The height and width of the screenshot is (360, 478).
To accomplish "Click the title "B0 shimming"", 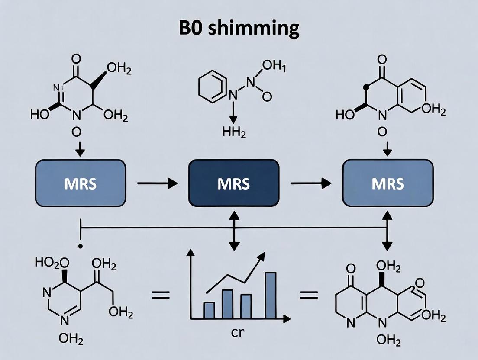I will coord(239,28).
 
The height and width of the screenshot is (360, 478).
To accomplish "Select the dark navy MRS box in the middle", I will coord(234,183).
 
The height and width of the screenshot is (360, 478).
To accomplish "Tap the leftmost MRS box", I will coord(81,183).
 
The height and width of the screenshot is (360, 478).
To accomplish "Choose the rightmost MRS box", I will coord(388,183).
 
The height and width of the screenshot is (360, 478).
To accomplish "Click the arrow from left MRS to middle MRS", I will coord(157,183).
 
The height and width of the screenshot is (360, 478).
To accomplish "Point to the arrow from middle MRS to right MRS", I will coord(310,183).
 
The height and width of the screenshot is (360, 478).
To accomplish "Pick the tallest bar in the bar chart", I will coord(270,295).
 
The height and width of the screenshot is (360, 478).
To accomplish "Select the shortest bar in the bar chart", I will coord(209,310).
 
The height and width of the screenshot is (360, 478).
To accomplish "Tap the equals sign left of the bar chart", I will coord(160,296).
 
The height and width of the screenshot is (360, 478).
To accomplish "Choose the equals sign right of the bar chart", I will coord(309,296).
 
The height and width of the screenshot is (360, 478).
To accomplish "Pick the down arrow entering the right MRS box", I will coord(388,149).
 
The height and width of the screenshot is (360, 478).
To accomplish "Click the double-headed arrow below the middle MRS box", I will coord(234,230).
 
